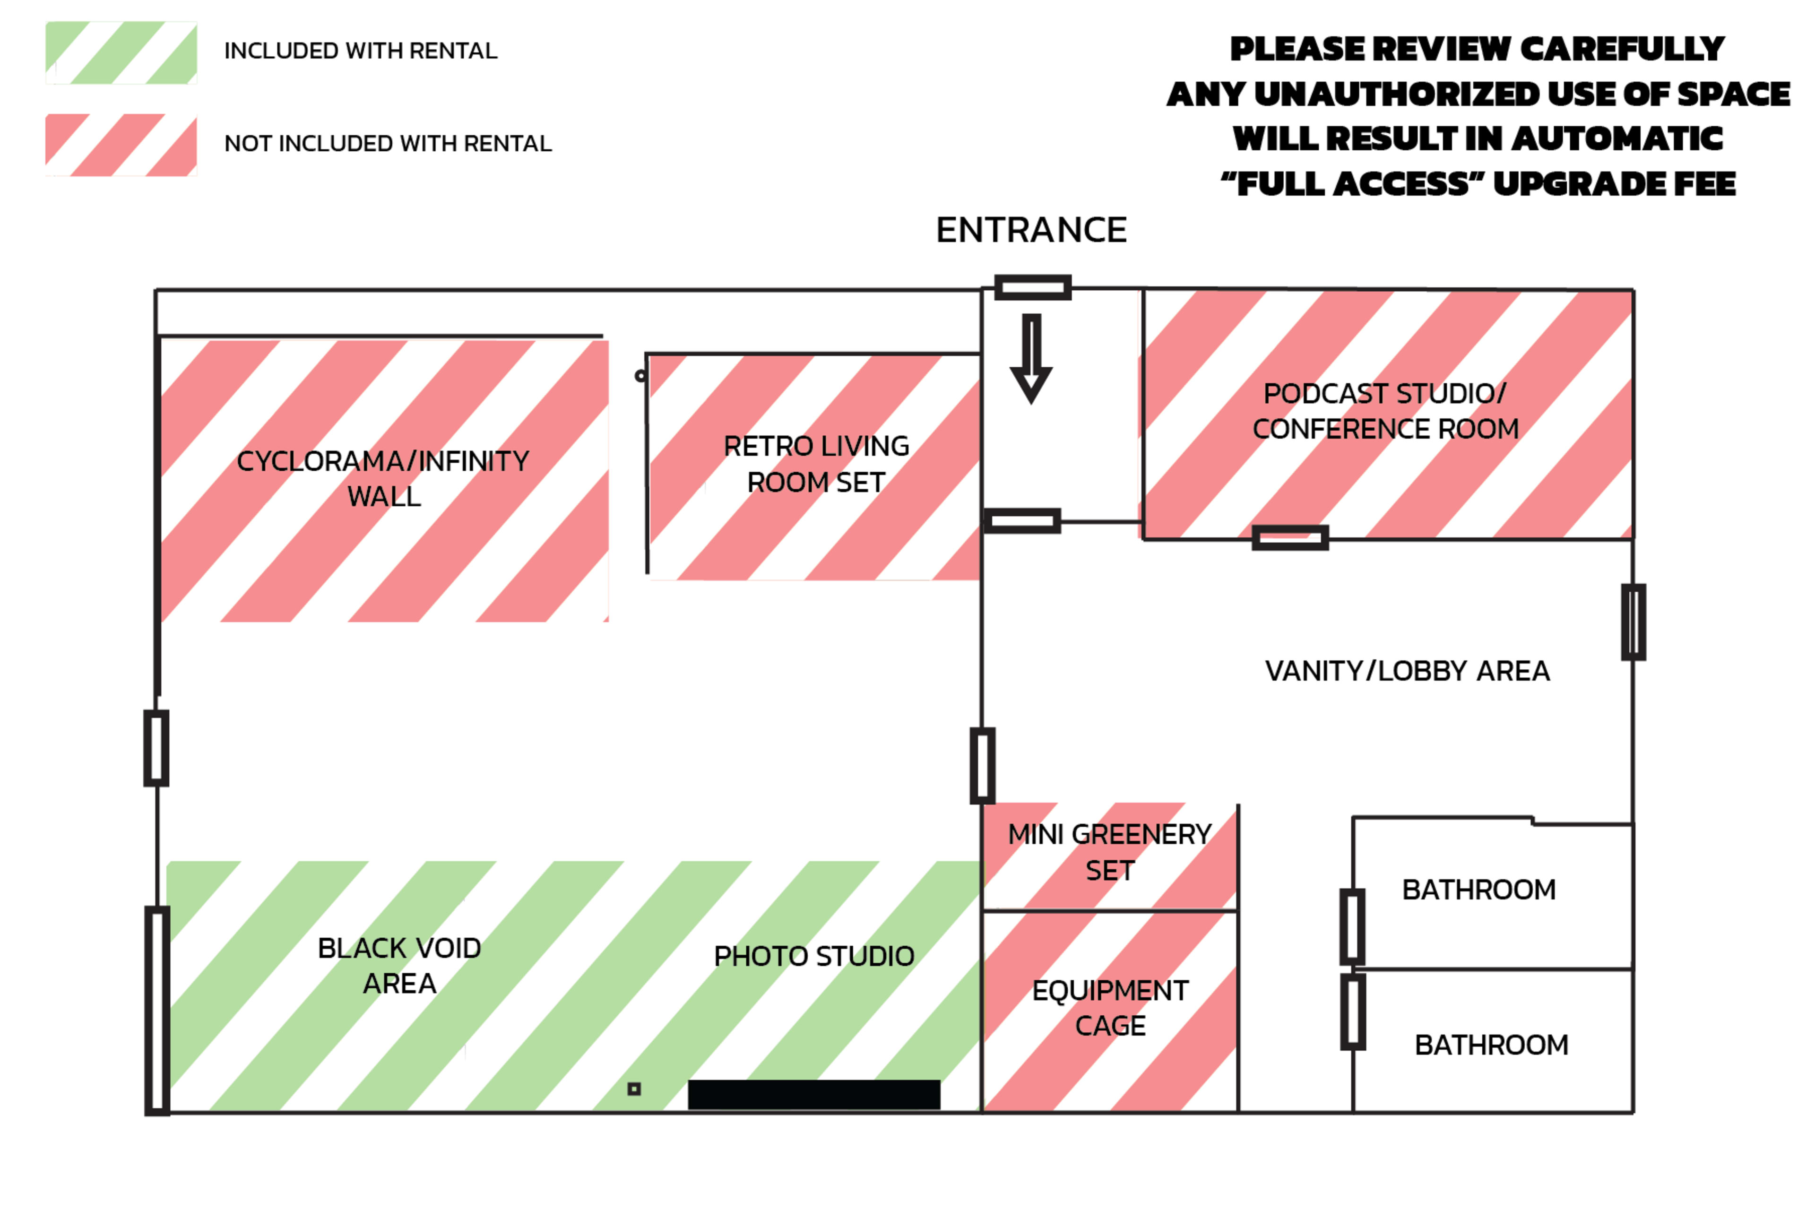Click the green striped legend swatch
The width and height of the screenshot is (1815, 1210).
(x=121, y=52)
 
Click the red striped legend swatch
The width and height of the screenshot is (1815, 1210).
(x=121, y=145)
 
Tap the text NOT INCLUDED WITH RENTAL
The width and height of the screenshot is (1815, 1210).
(x=388, y=144)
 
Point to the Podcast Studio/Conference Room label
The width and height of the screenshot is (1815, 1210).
(x=1385, y=411)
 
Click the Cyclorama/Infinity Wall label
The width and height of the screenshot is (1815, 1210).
(x=383, y=478)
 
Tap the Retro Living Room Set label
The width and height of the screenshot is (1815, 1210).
(x=816, y=464)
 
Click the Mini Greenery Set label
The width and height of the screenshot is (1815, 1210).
(x=1110, y=852)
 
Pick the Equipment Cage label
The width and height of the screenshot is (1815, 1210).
(x=1110, y=1008)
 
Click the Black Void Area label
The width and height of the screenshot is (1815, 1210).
(x=400, y=965)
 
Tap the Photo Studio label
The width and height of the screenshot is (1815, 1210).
(x=814, y=956)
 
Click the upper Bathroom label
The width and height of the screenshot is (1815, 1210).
(x=1478, y=890)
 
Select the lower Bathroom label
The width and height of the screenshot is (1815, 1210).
(x=1491, y=1045)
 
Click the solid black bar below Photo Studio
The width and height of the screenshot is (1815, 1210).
(x=813, y=1094)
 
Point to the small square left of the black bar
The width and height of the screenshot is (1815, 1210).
(x=634, y=1089)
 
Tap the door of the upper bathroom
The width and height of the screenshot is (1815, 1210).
(x=1352, y=926)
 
